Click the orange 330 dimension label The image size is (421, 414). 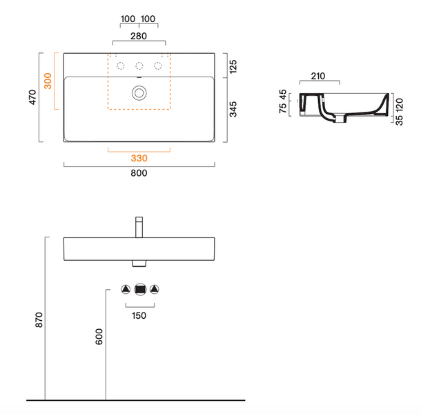[x=139, y=158]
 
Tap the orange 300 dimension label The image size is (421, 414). [x=48, y=81]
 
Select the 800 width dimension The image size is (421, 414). [x=139, y=173]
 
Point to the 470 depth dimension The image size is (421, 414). [x=32, y=97]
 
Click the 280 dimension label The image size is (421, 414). [x=139, y=36]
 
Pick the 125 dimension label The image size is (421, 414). [x=233, y=66]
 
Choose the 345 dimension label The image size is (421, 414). [x=233, y=109]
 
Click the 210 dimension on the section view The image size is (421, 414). [x=318, y=76]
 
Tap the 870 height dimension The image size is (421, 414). [x=39, y=319]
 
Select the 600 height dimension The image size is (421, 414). [x=99, y=337]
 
